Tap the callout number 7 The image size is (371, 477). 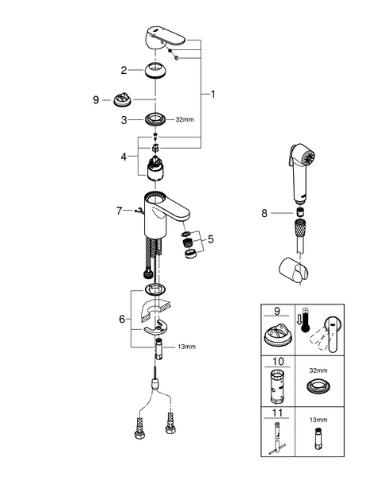coord(119,211)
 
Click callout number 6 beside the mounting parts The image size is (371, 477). coord(123,319)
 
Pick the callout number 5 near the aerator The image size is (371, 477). coord(210,238)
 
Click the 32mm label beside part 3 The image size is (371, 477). coord(184,119)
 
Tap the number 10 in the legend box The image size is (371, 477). coord(276,363)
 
